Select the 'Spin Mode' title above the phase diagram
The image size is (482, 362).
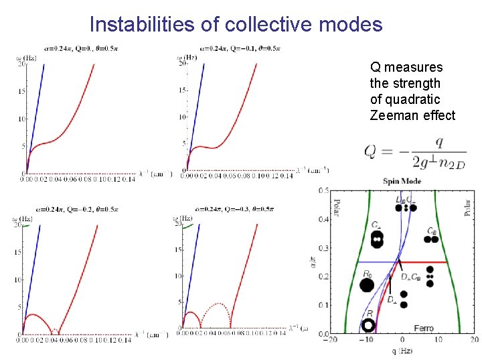(x=402, y=181)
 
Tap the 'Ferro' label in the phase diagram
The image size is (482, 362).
(x=423, y=328)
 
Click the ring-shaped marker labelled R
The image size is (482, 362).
(x=367, y=326)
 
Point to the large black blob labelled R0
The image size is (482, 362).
(x=366, y=286)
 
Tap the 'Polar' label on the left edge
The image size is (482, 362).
(x=336, y=208)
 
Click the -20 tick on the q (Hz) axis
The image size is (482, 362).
(x=330, y=340)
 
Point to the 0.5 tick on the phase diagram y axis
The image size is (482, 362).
(x=323, y=190)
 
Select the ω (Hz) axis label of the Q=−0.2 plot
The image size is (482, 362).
(x=21, y=219)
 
